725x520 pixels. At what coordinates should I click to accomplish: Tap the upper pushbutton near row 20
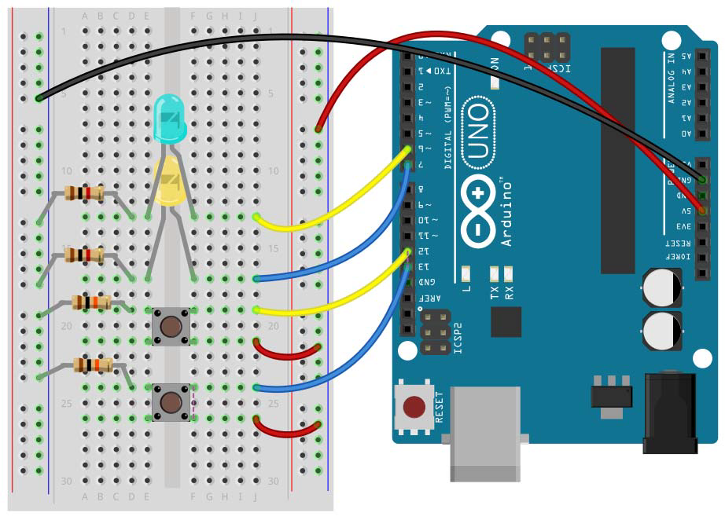click(170, 325)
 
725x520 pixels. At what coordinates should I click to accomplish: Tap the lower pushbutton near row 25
click(170, 401)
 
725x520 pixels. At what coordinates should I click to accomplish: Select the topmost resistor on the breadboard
click(83, 193)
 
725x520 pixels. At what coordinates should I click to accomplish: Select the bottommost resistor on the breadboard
click(93, 364)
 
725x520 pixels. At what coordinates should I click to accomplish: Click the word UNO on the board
click(475, 134)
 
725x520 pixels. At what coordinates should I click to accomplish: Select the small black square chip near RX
click(506, 321)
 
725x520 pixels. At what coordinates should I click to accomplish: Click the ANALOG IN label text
click(671, 78)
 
